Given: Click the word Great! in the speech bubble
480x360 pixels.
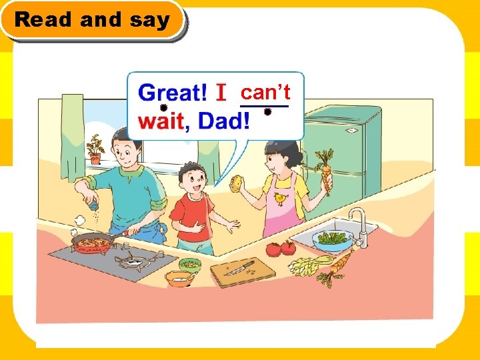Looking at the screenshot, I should point(173,93).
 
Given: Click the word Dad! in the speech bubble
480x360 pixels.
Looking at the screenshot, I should point(224,121).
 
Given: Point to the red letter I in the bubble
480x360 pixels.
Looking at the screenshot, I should point(223,93).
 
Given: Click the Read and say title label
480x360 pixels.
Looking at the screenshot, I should point(92,20).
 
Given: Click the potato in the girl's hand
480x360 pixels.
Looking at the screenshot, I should point(237,183).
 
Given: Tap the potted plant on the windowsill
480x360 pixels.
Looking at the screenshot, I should point(95,150).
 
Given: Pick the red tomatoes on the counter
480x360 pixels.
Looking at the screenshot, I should point(281,249).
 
